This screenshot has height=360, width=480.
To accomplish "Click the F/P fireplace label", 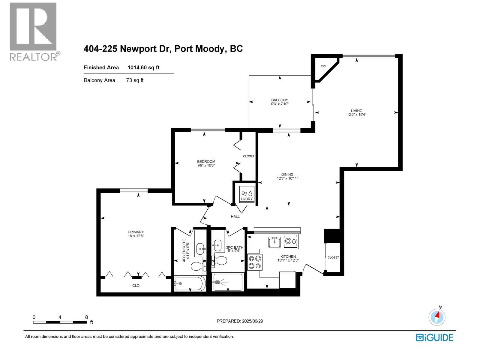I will tap(323, 67).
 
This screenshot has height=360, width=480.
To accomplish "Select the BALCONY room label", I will tap(279, 100).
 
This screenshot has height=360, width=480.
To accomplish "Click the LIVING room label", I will tap(357, 110).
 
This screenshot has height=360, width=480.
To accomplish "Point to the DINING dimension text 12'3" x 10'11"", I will tap(287, 178).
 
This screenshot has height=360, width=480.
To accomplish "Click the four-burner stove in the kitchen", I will tap(255, 262).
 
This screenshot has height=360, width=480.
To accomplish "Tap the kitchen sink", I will tap(274, 242).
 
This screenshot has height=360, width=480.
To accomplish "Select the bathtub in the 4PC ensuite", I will tap(190, 283).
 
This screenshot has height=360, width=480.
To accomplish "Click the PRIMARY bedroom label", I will tap(136, 232).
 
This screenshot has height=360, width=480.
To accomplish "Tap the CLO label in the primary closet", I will tap(136, 286).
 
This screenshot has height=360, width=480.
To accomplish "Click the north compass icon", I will tap(437, 317).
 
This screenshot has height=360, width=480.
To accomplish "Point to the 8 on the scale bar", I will tap(86, 317).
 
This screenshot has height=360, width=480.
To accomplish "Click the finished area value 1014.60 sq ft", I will tap(143, 67).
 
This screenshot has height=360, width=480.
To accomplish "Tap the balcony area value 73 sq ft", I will tap(135, 80).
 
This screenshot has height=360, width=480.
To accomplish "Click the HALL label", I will tap(235, 216).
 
